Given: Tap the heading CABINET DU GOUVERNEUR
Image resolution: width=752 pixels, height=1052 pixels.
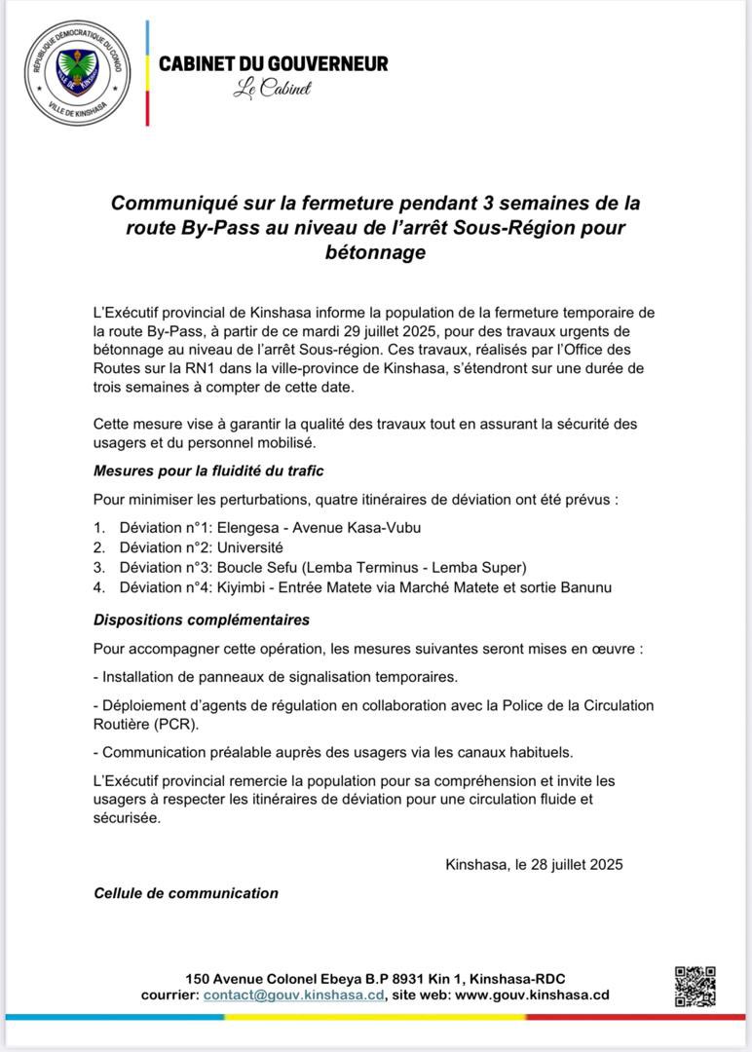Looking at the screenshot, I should pyautogui.click(x=273, y=63).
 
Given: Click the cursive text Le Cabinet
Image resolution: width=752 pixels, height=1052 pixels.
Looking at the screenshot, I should pyautogui.click(x=272, y=89).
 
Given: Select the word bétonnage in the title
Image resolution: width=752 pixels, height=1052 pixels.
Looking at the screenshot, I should pyautogui.click(x=375, y=253).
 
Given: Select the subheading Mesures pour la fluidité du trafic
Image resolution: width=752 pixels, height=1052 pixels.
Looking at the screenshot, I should pyautogui.click(x=208, y=471).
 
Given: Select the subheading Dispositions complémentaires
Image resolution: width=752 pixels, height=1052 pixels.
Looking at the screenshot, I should pyautogui.click(x=202, y=620).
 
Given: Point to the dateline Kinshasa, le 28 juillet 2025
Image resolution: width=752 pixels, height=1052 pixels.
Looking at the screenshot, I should pyautogui.click(x=534, y=864).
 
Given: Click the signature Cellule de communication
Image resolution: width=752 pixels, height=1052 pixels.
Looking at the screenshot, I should pyautogui.click(x=186, y=893).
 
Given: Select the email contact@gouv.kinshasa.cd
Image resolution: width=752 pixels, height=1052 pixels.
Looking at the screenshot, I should pyautogui.click(x=294, y=995).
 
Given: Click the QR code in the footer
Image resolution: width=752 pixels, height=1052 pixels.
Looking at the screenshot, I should pyautogui.click(x=696, y=986).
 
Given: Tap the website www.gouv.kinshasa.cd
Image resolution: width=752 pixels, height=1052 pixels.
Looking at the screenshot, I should pyautogui.click(x=532, y=995).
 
